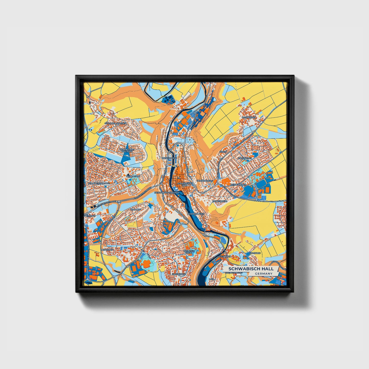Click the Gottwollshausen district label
[x=115, y=123]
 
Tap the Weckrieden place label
[x=249, y=117]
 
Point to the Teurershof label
[x=133, y=176]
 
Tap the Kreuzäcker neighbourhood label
[x=245, y=158]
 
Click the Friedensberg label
[x=205, y=181]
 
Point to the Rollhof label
[x=136, y=209]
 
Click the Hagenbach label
[x=178, y=274]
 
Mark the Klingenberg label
[x=220, y=201]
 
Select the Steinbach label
[x=225, y=256]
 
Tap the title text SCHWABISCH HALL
[x=251, y=269]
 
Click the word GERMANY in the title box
[x=264, y=274]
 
